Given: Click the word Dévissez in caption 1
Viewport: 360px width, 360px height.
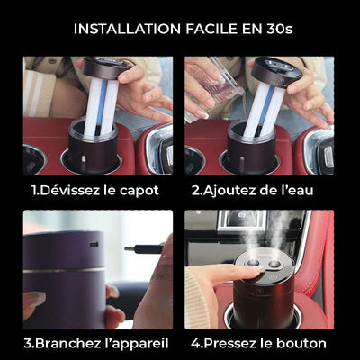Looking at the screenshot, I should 73,190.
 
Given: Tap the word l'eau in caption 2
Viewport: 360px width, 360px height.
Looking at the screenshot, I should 309,190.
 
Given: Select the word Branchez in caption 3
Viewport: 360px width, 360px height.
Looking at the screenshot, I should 73,343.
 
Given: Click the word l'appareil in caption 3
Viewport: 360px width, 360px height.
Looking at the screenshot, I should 136,343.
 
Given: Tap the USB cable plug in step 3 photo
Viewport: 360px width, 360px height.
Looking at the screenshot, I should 149,248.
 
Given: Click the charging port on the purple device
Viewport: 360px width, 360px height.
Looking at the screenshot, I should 94,244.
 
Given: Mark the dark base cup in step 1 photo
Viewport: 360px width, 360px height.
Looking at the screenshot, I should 93,144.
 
